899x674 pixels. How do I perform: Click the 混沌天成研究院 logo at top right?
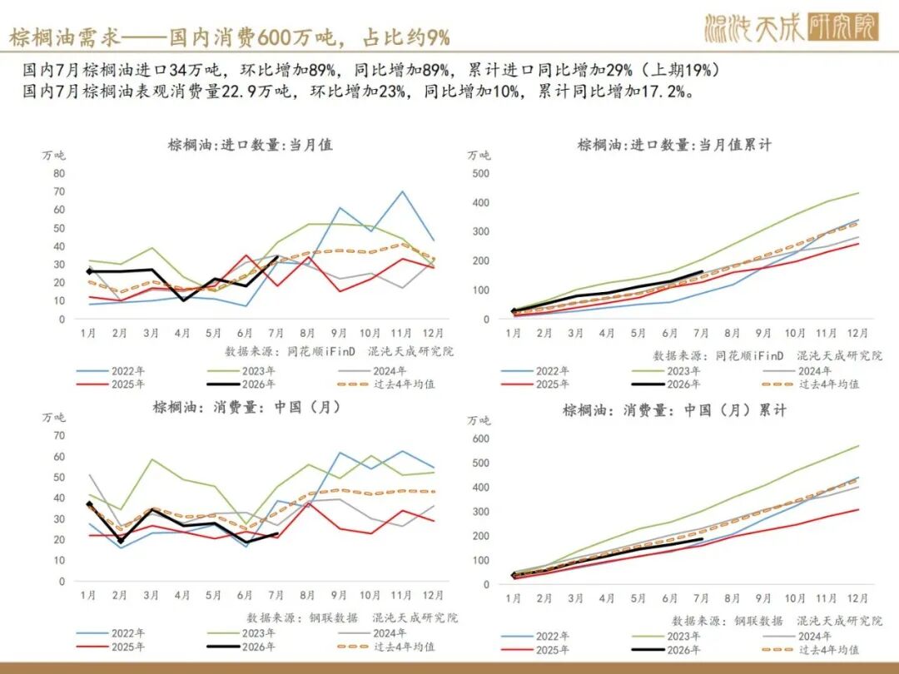tap(792, 27)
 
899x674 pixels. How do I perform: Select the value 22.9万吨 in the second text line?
tap(256, 92)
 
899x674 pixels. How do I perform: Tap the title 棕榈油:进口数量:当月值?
tap(250, 145)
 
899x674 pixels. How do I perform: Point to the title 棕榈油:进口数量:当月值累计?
tap(674, 145)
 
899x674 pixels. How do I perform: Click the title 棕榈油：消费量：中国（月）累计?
tap(674, 410)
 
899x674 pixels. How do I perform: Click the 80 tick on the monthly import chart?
tap(60, 173)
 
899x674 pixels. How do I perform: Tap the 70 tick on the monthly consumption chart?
tap(60, 435)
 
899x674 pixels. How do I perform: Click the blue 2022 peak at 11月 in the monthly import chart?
tap(403, 191)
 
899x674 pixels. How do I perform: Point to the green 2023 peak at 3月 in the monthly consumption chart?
tap(151, 459)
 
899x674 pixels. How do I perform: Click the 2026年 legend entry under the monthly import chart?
tap(241, 384)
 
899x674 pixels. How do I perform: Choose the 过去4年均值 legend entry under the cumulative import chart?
tap(812, 384)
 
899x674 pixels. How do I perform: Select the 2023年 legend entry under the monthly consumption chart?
tap(241, 633)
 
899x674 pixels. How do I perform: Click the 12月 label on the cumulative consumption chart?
tap(857, 598)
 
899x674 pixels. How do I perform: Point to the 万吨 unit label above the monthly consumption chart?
tap(53, 417)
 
